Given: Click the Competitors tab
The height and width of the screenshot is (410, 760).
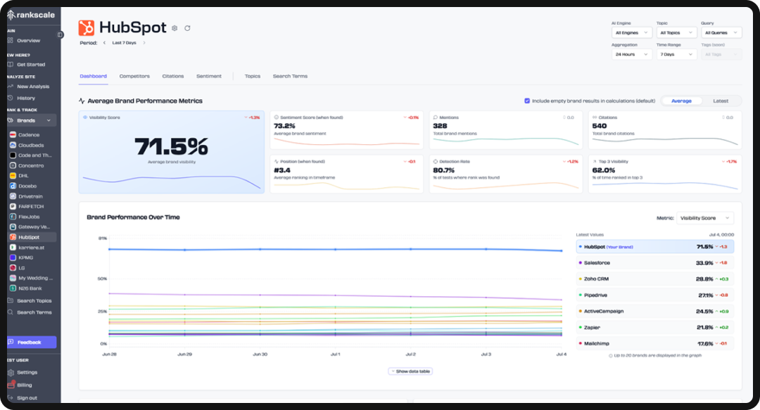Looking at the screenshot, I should click(x=134, y=76).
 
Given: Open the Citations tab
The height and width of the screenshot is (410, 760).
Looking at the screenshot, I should click(x=172, y=76).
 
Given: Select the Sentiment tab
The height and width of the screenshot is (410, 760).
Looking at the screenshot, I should click(x=209, y=76).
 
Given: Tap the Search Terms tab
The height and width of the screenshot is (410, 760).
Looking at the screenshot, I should click(x=290, y=76).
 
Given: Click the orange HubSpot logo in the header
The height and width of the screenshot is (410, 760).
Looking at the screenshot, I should click(x=87, y=28).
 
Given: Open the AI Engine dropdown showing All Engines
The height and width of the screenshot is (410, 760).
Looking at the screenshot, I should click(x=631, y=32).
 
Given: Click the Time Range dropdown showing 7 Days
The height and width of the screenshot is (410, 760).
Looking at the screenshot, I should click(x=675, y=54).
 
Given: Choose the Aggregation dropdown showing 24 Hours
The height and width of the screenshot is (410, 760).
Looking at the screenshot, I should click(x=631, y=54).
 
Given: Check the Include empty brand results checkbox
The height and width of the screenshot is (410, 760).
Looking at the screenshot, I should click(x=527, y=101).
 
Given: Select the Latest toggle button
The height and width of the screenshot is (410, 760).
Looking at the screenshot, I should click(x=720, y=101).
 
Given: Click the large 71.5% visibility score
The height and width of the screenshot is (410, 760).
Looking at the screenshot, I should click(x=171, y=146).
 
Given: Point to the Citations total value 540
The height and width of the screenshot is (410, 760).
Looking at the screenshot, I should click(x=599, y=126).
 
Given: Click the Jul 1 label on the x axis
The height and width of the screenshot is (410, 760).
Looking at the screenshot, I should click(x=335, y=354).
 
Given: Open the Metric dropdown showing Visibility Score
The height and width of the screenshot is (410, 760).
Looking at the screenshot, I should click(x=704, y=218).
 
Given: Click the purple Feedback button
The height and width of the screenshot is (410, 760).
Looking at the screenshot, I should click(x=32, y=342).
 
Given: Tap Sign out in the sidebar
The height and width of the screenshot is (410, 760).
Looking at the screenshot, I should click(x=27, y=398).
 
